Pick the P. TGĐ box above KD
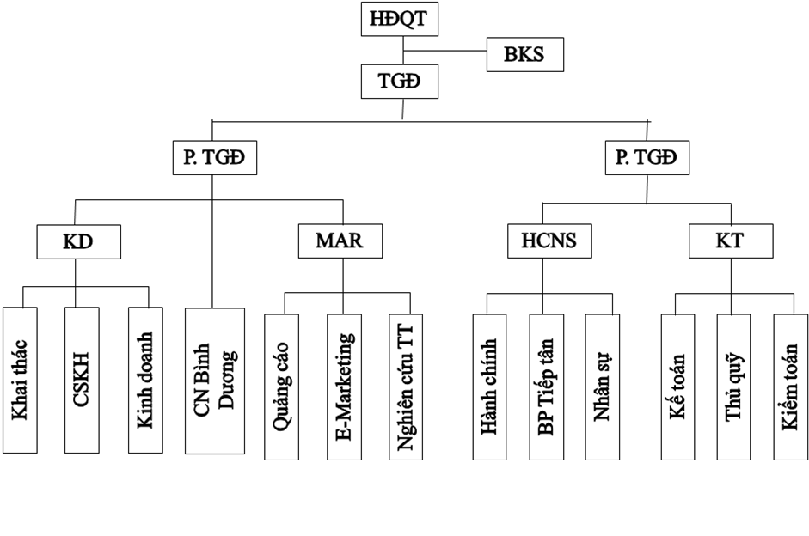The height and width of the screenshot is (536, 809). [213, 157]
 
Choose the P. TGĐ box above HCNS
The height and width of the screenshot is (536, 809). [647, 157]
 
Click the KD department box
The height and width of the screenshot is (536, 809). [77, 241]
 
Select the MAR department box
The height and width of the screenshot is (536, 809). [340, 241]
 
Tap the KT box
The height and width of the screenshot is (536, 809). [729, 241]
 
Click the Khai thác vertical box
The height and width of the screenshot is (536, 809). [20, 379]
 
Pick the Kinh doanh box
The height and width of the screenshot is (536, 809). [145, 379]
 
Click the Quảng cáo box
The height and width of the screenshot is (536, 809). [281, 386]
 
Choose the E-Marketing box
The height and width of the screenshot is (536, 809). [344, 386]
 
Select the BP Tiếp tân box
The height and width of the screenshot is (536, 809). [546, 386]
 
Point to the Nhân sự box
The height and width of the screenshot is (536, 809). [603, 386]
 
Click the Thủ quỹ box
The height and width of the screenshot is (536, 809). [733, 386]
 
